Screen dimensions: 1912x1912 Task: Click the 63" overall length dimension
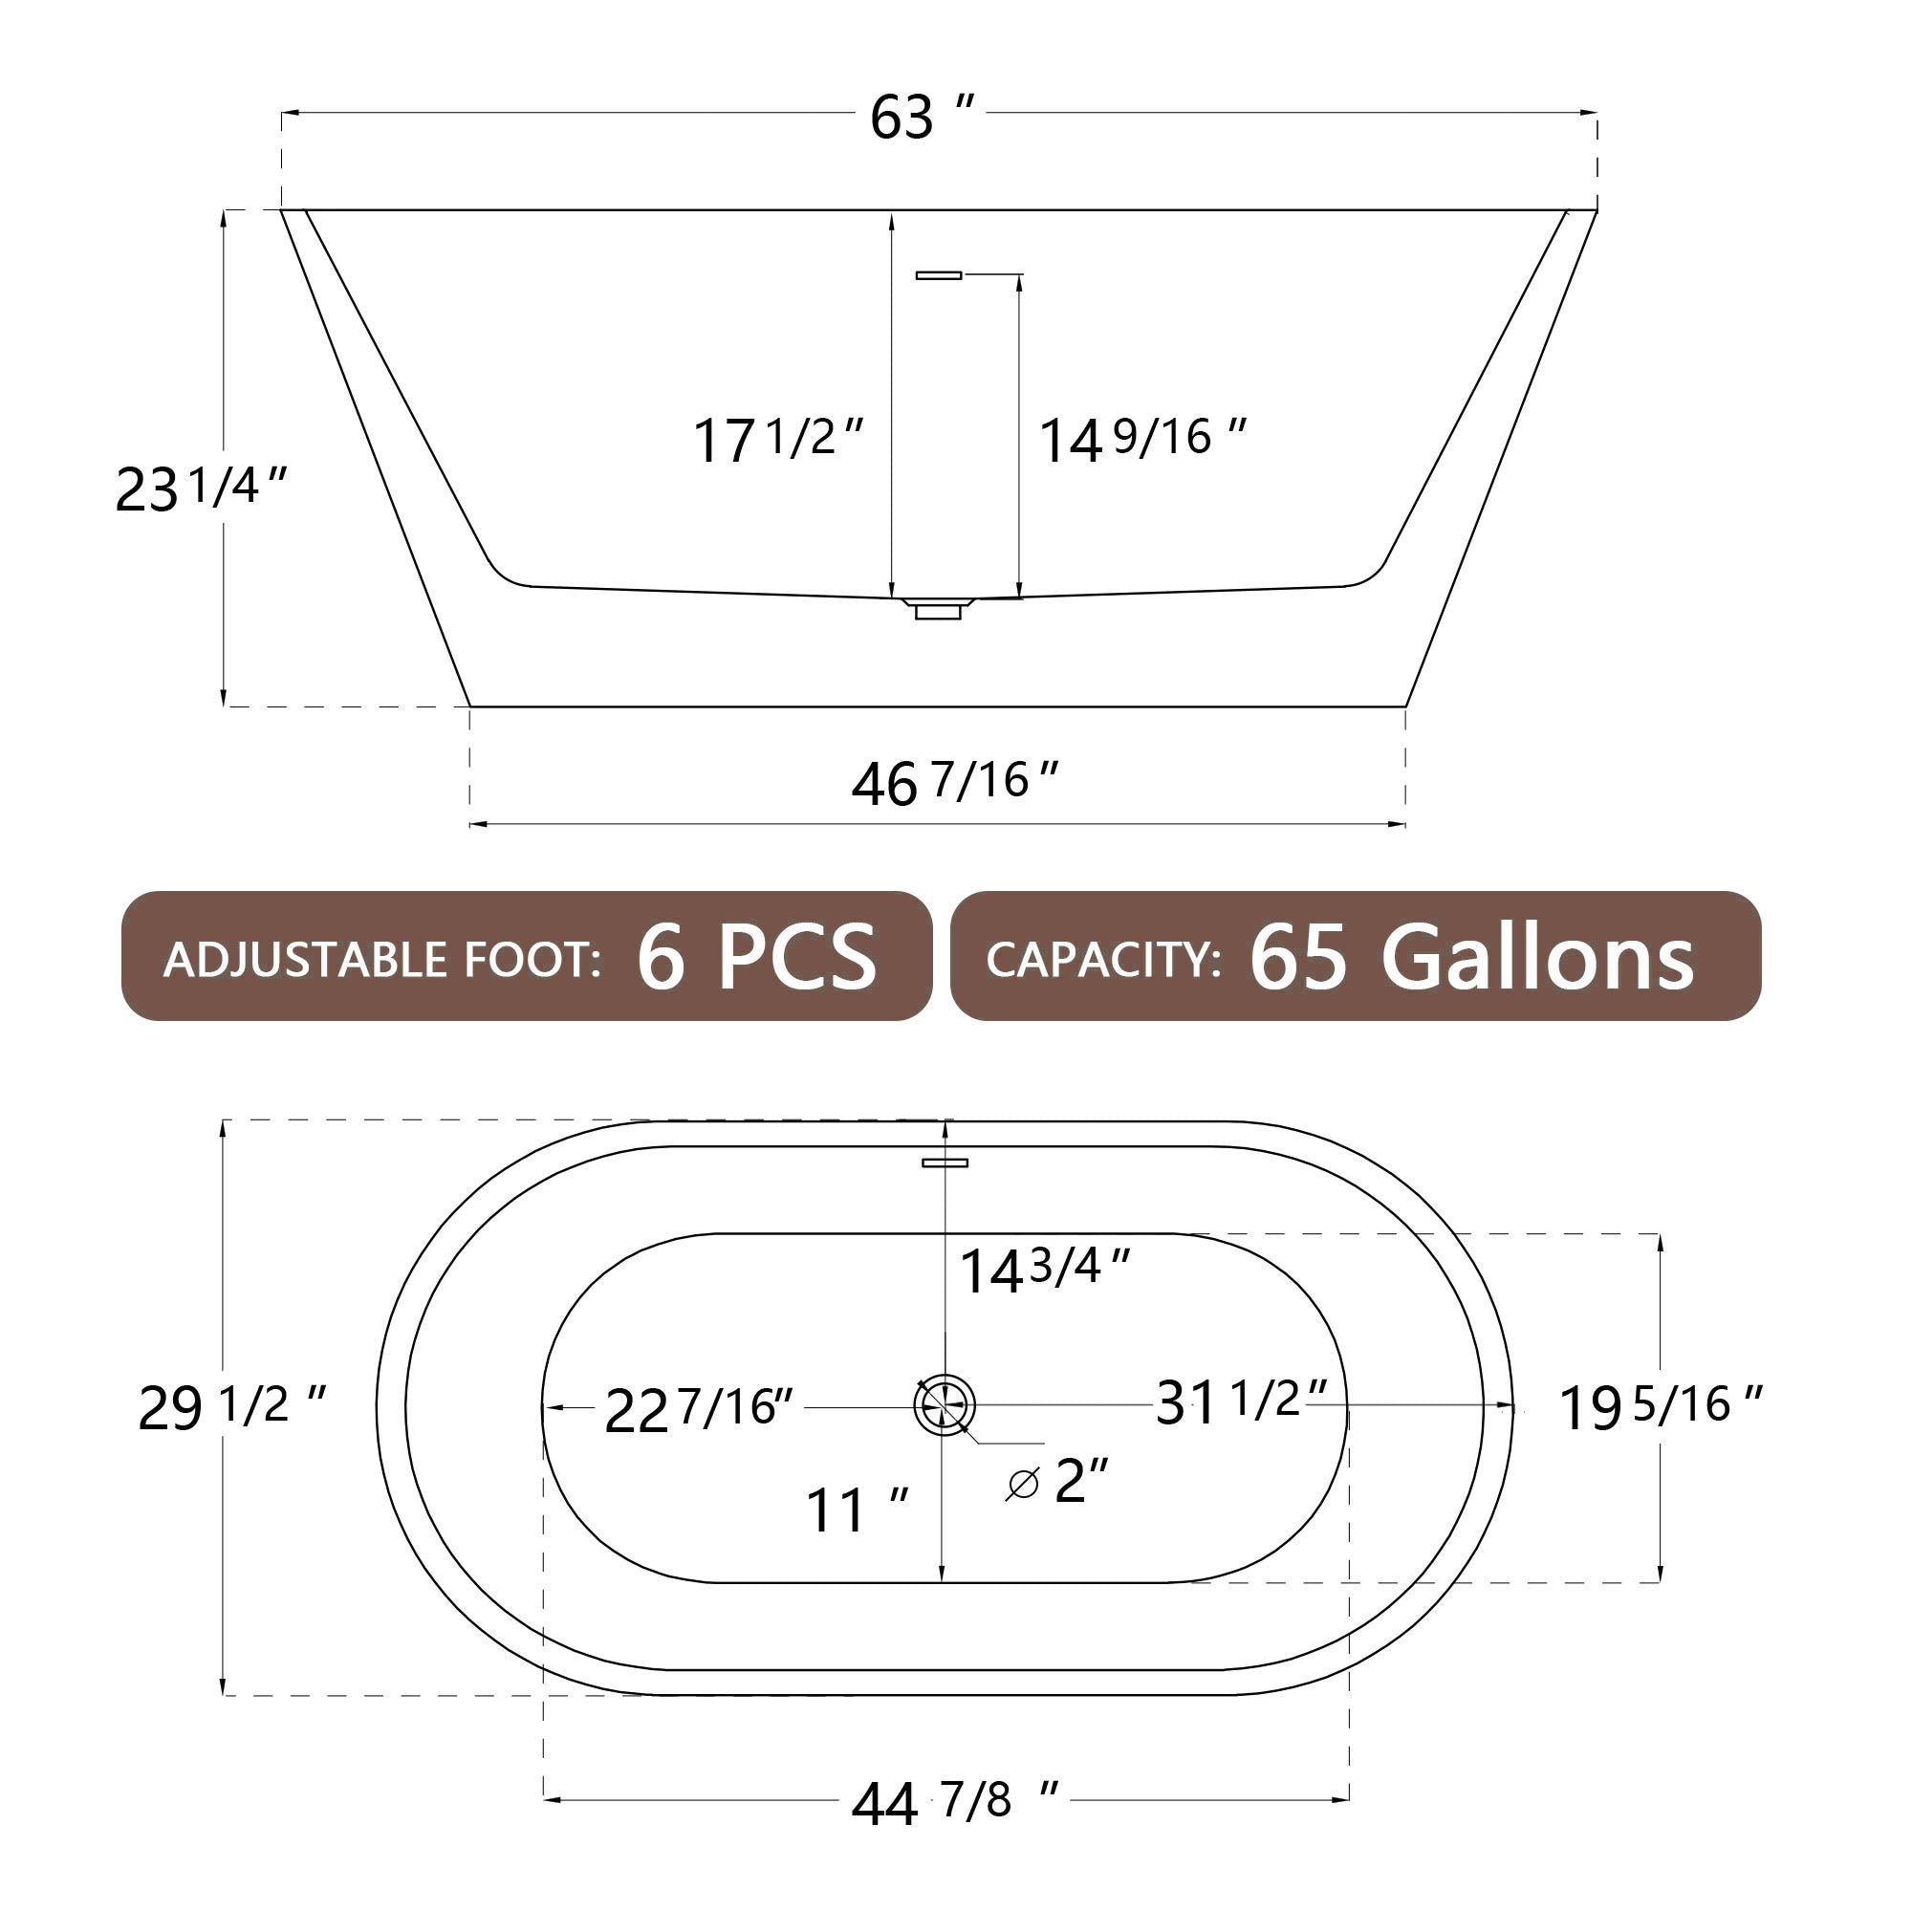pyautogui.click(x=923, y=117)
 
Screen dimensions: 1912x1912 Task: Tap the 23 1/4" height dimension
pyautogui.click(x=201, y=488)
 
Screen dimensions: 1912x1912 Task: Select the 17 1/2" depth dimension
pyautogui.click(x=778, y=440)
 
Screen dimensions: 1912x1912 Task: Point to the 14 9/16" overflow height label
pyautogui.click(x=1142, y=440)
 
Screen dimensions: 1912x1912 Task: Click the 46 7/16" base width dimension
pyautogui.click(x=955, y=783)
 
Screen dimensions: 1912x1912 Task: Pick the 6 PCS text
pyautogui.click(x=757, y=956)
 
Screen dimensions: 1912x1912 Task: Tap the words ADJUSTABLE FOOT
pyautogui.click(x=382, y=960)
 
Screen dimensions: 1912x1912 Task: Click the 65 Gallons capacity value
pyautogui.click(x=1471, y=957)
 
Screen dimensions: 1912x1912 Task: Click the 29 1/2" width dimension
pyautogui.click(x=231, y=1407)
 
